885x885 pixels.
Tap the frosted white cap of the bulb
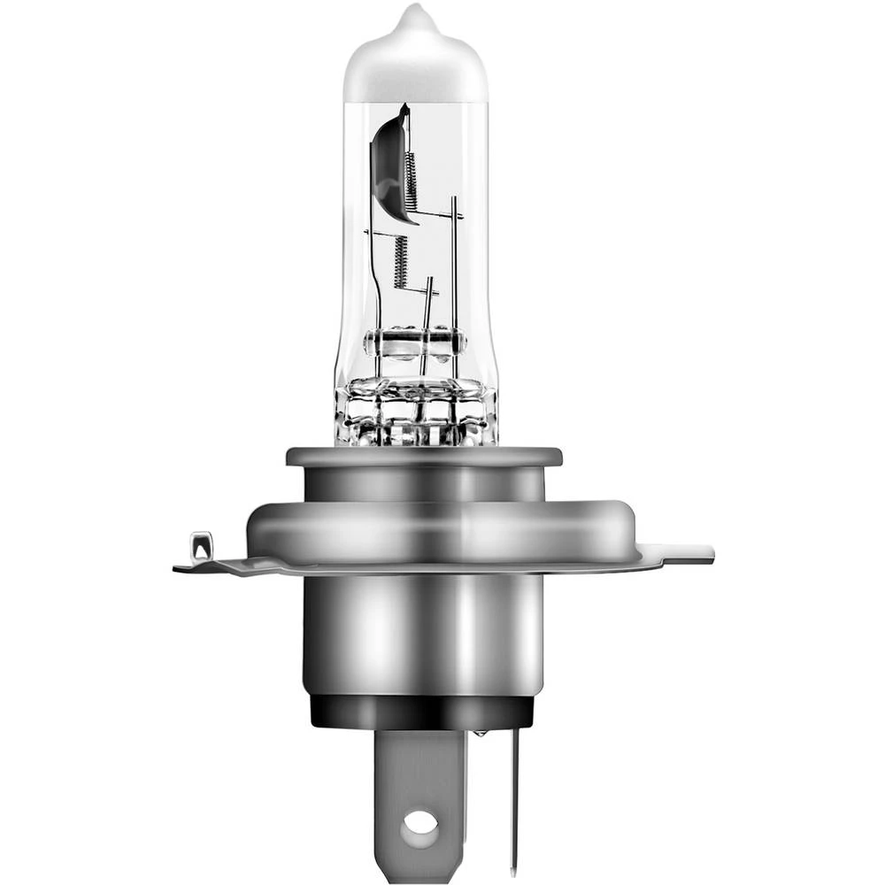[415, 66]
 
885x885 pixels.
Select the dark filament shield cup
[389, 164]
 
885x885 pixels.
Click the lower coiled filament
[400, 261]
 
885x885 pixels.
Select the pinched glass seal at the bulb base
[416, 412]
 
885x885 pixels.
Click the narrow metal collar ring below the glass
[423, 458]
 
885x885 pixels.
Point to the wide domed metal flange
[441, 531]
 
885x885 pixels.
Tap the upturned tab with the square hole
[201, 546]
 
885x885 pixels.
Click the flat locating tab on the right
[686, 553]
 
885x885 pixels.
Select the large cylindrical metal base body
[423, 633]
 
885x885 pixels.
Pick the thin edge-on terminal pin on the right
[514, 796]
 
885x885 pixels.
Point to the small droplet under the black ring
[480, 733]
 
